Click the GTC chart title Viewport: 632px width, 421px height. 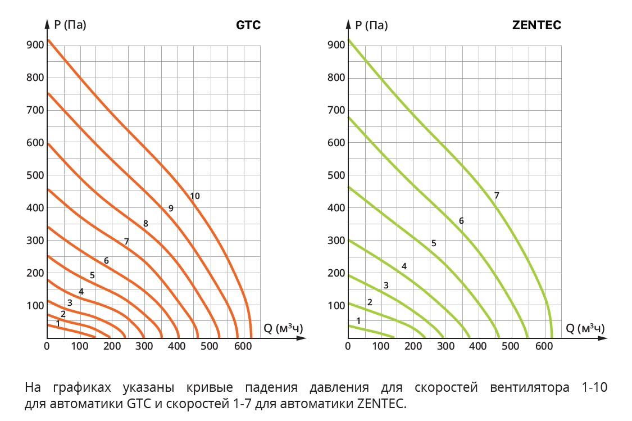tap(248, 25)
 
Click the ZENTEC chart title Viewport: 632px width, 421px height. tap(537, 25)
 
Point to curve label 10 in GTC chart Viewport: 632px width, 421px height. tap(195, 196)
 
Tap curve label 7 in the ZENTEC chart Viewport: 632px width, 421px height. tap(497, 196)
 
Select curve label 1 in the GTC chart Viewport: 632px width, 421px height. tap(58, 323)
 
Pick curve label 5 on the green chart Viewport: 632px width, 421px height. tap(434, 243)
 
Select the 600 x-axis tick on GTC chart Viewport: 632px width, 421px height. tap(242, 346)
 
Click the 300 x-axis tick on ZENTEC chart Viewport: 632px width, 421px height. tap(445, 346)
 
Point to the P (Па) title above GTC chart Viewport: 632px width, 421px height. tap(70, 25)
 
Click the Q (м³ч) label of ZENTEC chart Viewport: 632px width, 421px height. tap(585, 328)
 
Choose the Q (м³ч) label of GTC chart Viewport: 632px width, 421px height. tap(283, 328)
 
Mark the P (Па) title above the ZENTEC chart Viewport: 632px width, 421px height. tap(371, 25)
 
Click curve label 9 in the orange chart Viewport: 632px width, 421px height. tap(171, 208)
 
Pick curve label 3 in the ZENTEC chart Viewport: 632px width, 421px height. tap(386, 286)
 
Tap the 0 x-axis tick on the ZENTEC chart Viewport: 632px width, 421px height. tap(348, 346)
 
